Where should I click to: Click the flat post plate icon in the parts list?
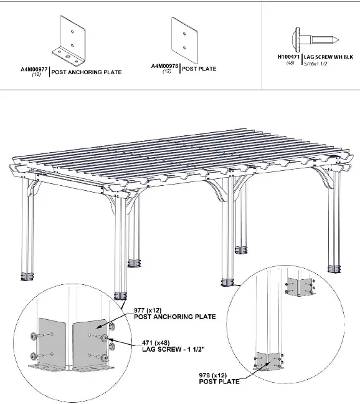tap(184, 37)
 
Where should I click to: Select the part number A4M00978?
tap(164, 65)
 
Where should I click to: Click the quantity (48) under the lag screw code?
tap(290, 63)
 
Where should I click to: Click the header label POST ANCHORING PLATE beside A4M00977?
tap(87, 72)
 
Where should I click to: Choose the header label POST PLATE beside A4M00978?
tap(199, 69)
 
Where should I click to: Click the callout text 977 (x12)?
tap(149, 310)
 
